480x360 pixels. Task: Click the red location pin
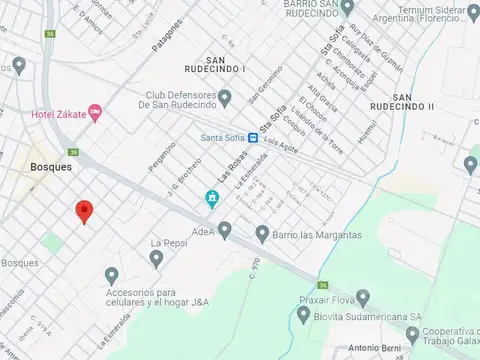point(84,211)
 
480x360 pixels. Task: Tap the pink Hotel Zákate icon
point(95,114)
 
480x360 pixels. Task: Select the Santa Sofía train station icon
point(254,139)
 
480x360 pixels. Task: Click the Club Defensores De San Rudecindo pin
point(225,97)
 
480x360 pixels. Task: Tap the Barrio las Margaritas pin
point(262,234)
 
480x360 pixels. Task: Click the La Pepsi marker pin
point(156,259)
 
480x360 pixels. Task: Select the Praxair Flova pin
point(363,297)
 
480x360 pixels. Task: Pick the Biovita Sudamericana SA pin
point(303,314)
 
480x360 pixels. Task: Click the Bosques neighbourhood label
point(50,167)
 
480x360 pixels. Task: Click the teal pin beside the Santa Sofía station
point(212,198)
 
